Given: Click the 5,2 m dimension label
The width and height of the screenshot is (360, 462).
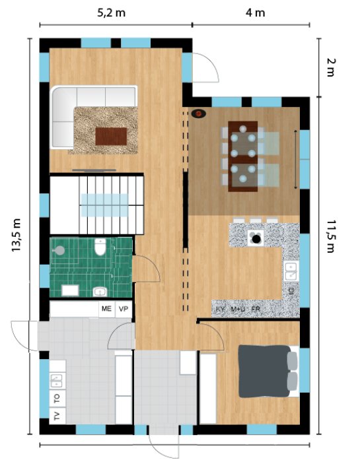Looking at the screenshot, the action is [111, 13].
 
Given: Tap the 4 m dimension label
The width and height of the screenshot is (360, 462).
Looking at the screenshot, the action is [256, 13].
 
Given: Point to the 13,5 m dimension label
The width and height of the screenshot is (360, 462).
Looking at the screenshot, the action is [17, 235].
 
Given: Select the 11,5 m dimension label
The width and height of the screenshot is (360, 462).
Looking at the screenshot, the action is [331, 236].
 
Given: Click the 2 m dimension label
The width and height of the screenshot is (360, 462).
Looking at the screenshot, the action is [331, 67].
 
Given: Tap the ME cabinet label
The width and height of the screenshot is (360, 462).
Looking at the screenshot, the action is [106, 308].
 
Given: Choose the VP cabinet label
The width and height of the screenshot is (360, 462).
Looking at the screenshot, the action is [124, 309].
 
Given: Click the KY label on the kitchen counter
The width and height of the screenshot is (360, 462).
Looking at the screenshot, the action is [220, 309].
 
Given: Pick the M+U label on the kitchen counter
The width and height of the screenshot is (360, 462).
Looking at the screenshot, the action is [238, 309].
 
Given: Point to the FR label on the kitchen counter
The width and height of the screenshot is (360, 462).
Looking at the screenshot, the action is [256, 309].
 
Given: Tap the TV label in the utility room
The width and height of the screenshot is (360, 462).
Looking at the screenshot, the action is [57, 416].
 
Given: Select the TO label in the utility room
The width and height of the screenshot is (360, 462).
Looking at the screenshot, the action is [57, 399].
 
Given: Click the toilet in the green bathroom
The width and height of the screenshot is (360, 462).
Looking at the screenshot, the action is [100, 247].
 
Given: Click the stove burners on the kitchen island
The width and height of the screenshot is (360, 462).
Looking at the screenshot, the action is [256, 238].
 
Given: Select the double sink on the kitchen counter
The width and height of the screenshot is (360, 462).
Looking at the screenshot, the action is [291, 271].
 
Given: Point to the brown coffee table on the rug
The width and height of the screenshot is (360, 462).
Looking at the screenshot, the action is [111, 137].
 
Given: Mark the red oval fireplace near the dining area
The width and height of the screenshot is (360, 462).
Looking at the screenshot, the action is [198, 114].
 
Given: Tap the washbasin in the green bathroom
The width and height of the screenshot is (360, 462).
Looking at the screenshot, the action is [100, 292].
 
